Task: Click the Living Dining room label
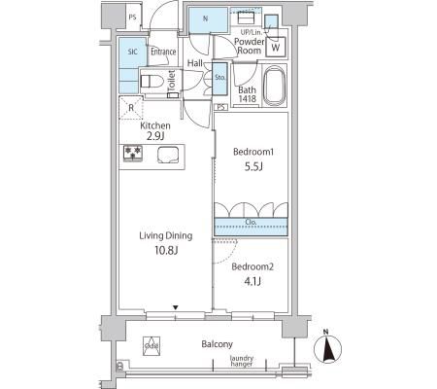[x=164, y=235]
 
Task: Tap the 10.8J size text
[x=164, y=251]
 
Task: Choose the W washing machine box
[x=276, y=46]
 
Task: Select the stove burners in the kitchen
[x=132, y=153]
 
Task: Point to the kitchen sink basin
[x=164, y=153]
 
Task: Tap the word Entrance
[x=162, y=51]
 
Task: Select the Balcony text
[x=217, y=344]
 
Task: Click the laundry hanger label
[x=241, y=362]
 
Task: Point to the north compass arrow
[x=327, y=349]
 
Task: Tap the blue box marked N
[x=205, y=18]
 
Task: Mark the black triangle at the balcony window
[x=175, y=309]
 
